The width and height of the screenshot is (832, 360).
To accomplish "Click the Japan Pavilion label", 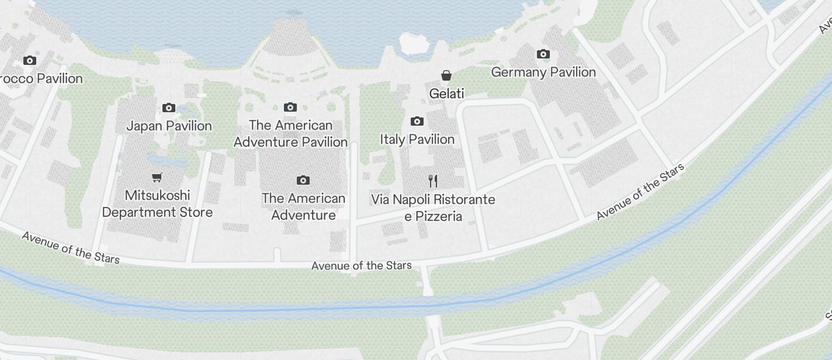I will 169,126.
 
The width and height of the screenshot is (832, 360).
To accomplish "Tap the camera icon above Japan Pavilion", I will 169,108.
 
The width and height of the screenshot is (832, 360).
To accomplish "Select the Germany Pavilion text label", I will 543,72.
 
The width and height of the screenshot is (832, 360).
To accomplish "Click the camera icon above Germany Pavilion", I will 543,54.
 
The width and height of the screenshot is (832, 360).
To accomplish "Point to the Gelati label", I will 446,94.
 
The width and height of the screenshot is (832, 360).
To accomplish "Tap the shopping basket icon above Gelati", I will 446,75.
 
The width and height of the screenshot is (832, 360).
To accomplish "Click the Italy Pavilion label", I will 417,139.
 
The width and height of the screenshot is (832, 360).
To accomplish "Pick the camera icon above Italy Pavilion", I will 417,122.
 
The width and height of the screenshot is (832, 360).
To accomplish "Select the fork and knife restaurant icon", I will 433,181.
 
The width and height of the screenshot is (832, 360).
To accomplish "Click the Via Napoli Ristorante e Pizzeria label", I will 433,207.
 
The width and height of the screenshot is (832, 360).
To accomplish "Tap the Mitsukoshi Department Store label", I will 157,203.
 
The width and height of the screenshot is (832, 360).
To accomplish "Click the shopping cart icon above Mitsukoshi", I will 157,177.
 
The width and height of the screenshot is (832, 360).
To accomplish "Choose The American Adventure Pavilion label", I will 290,133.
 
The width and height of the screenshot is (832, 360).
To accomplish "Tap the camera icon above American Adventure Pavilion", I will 290,107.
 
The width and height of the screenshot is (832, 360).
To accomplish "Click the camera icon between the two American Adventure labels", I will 303,180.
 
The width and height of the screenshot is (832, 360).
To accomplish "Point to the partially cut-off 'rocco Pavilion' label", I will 41,78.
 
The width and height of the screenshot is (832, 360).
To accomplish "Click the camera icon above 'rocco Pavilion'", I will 29,60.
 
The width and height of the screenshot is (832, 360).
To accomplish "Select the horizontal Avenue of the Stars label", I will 361,266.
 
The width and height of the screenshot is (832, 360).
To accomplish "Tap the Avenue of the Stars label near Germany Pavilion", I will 640,192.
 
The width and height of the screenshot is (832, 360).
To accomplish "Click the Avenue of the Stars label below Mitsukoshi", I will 71,247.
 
